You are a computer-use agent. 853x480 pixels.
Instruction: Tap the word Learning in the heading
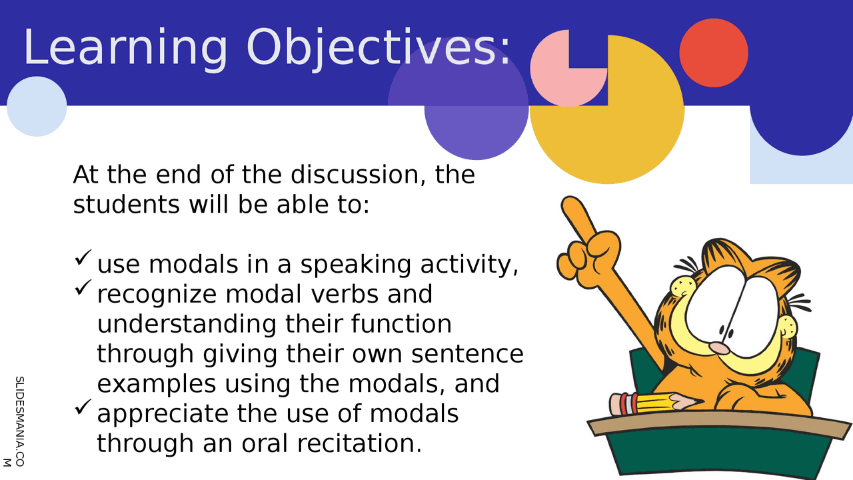pyautogui.click(x=126, y=49)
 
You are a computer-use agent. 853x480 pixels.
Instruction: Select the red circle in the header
pyautogui.click(x=714, y=53)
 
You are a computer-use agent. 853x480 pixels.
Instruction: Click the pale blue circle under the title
pyautogui.click(x=37, y=106)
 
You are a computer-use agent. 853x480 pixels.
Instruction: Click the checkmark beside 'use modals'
pyautogui.click(x=83, y=257)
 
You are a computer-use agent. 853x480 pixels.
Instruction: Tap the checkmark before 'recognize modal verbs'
pyautogui.click(x=83, y=287)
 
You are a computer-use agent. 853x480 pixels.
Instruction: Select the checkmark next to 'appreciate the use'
pyautogui.click(x=83, y=407)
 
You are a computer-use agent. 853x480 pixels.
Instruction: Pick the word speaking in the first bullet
pyautogui.click(x=356, y=265)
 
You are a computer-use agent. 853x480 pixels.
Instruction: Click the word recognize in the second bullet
pyautogui.click(x=157, y=295)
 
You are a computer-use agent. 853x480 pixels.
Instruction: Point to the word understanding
pyautogui.click(x=187, y=325)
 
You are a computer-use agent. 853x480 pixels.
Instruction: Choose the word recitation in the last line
pyautogui.click(x=359, y=443)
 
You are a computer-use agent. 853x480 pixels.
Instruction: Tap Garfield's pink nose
pyautogui.click(x=719, y=348)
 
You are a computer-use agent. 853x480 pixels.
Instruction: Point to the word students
pyautogui.click(x=126, y=205)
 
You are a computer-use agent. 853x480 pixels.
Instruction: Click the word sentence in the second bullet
pyautogui.click(x=467, y=354)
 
